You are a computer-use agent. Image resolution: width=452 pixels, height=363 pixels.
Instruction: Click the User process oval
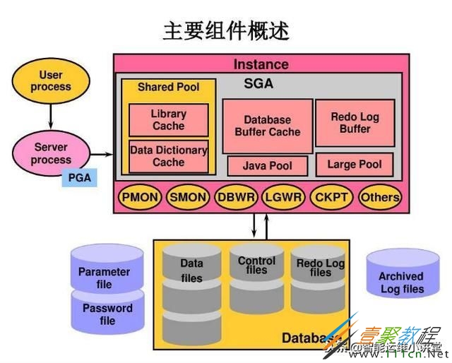click(51, 81)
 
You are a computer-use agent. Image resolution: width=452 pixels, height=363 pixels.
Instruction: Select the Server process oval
click(51, 154)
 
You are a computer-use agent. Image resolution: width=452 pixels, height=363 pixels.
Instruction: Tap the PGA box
click(80, 179)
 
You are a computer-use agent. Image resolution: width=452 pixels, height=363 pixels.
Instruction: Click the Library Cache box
click(169, 120)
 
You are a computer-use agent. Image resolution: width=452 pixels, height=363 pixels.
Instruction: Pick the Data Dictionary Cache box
click(169, 156)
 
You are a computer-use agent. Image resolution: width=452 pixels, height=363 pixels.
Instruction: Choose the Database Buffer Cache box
click(268, 126)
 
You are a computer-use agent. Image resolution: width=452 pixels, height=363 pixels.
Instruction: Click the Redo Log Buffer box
click(355, 123)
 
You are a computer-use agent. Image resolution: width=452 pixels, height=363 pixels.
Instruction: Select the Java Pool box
click(268, 166)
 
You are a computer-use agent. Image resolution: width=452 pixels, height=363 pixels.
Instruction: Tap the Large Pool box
click(355, 165)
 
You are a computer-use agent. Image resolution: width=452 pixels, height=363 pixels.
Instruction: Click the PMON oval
click(139, 197)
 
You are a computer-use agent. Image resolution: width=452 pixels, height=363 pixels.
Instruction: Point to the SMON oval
click(187, 197)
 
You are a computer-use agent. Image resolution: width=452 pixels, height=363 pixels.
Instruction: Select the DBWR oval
click(236, 197)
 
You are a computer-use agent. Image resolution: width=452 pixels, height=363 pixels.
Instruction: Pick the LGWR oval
click(283, 197)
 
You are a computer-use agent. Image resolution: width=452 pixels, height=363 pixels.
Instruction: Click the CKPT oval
click(331, 197)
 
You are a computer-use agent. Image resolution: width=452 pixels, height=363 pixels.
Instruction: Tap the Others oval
click(379, 197)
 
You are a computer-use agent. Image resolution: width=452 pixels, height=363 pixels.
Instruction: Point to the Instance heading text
click(261, 64)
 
